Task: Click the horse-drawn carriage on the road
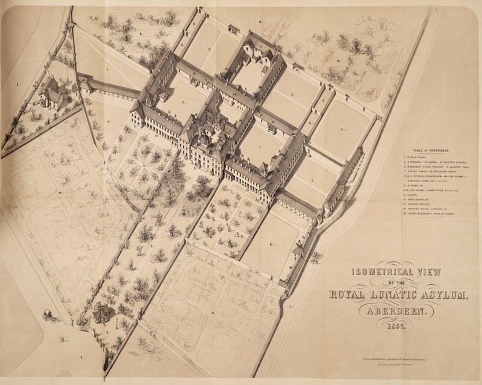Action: pyautogui.click(x=47, y=314)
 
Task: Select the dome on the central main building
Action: pyautogui.click(x=203, y=140)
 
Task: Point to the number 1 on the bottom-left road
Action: pyautogui.click(x=81, y=357)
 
